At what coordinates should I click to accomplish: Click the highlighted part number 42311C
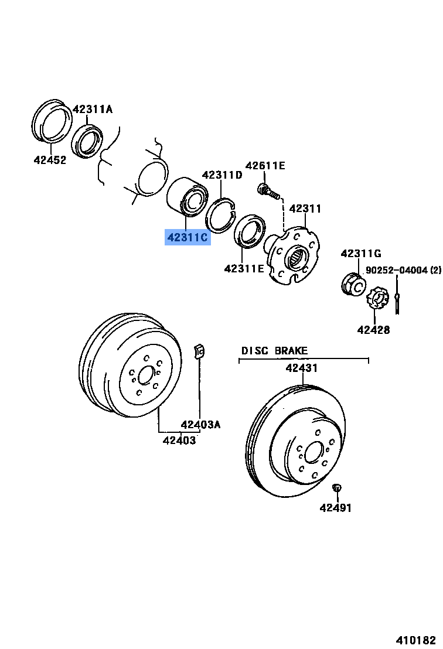pos(188,237)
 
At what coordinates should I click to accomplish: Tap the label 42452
pos(50,159)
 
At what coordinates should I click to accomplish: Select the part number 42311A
pos(93,109)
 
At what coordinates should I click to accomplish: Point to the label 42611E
pos(265,166)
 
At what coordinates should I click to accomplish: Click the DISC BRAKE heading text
pos(274,351)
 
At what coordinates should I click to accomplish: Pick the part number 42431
pos(301,368)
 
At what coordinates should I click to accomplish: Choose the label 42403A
pos(200,425)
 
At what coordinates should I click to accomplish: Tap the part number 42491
pos(336,508)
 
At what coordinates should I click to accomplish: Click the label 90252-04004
pos(397,270)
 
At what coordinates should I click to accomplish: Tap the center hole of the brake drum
pos(146,375)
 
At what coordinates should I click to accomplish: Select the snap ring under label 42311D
pos(221,215)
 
